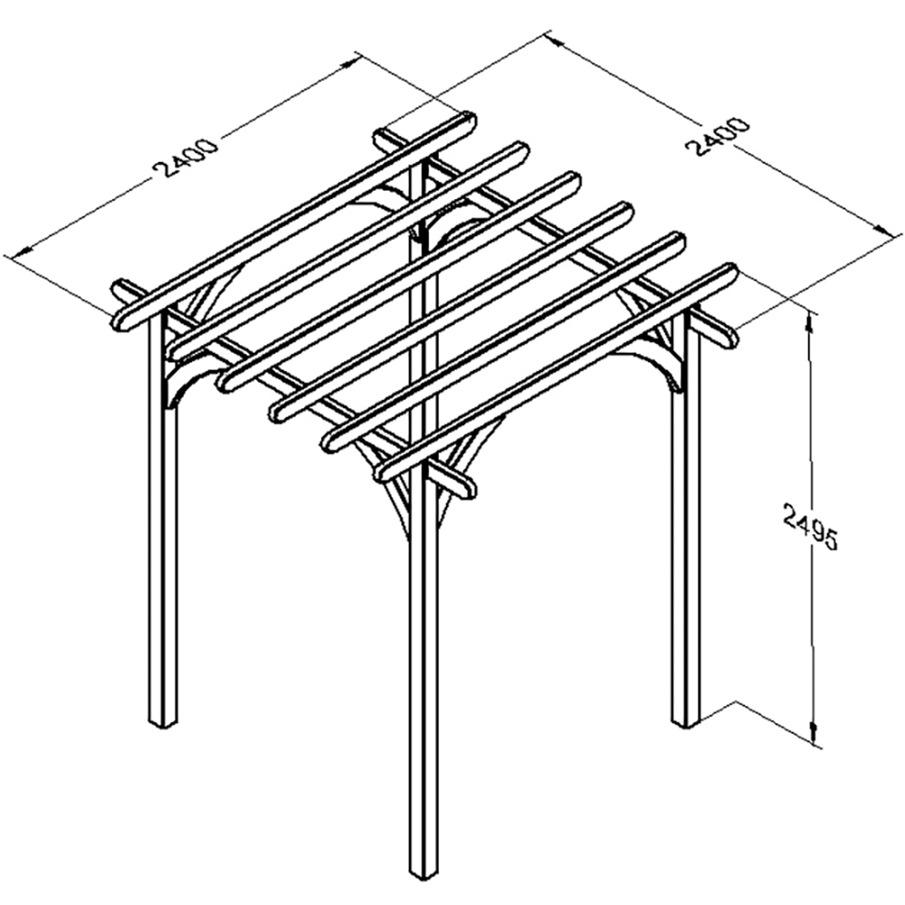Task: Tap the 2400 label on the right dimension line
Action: (718, 137)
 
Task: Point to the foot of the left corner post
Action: (163, 722)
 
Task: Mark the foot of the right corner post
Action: (686, 721)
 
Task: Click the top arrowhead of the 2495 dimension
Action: (808, 319)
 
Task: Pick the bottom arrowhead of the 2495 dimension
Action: (813, 736)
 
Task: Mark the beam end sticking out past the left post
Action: (121, 288)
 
